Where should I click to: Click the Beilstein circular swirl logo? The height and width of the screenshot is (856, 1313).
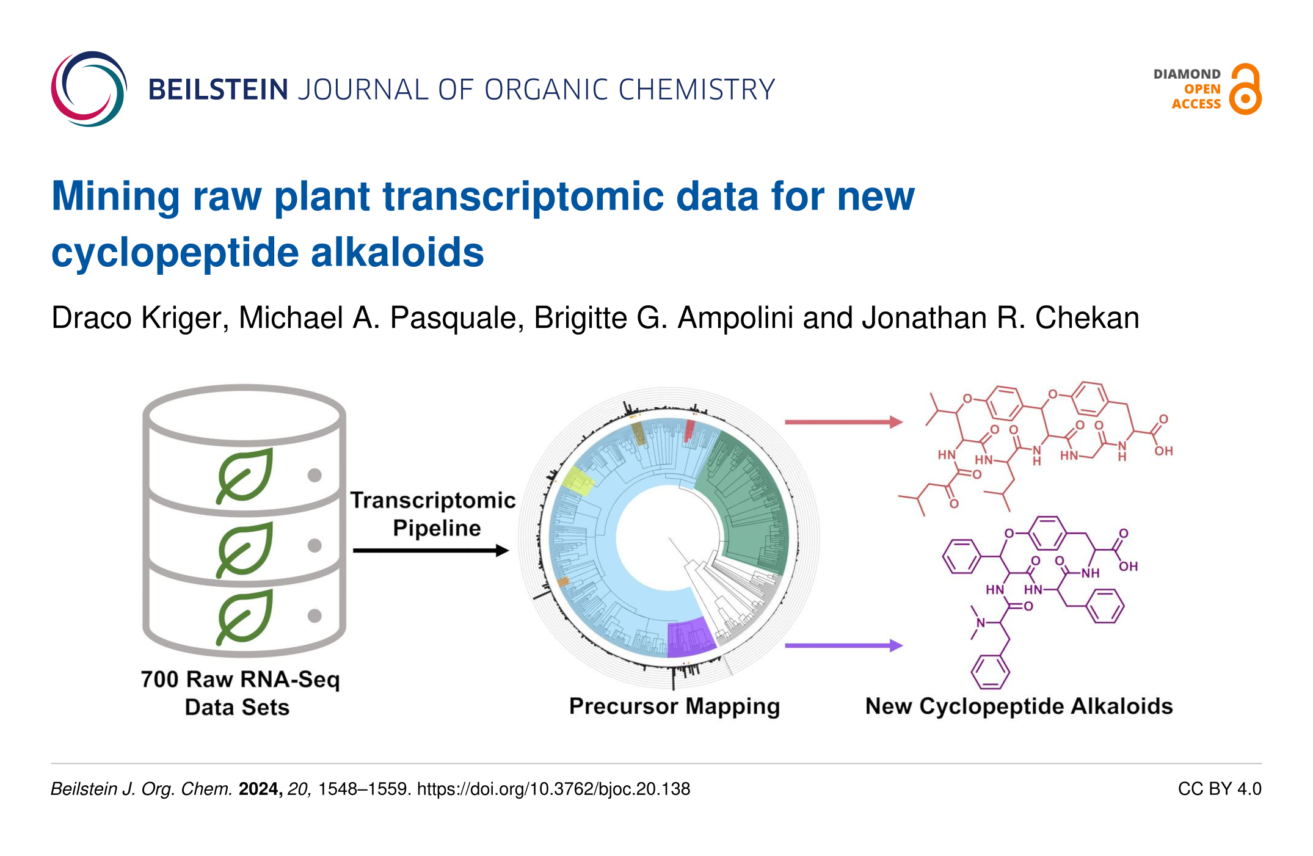tap(89, 89)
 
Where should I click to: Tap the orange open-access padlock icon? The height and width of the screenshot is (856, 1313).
tap(1245, 89)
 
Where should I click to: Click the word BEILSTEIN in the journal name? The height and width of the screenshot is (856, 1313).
tap(218, 90)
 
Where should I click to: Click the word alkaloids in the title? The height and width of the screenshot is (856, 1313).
tap(398, 253)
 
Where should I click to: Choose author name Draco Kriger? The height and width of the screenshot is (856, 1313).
tap(140, 318)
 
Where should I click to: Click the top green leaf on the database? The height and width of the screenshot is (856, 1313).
tap(245, 476)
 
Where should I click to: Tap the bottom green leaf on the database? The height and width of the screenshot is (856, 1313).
tap(245, 617)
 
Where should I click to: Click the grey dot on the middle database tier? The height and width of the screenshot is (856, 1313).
tap(315, 545)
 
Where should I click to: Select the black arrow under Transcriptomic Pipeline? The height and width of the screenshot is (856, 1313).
tap(431, 551)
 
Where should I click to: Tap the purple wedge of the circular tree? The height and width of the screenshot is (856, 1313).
tap(690, 637)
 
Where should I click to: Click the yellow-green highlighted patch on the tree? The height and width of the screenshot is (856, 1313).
tap(577, 481)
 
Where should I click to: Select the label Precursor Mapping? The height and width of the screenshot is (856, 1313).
tap(674, 706)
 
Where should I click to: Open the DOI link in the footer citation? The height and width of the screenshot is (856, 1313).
tap(553, 789)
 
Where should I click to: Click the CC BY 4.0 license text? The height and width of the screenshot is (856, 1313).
tap(1220, 789)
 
